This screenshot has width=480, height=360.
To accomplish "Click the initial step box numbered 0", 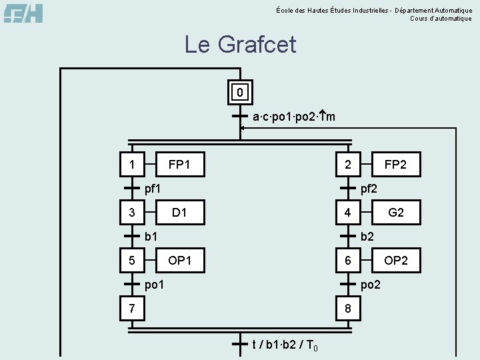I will click(240, 91).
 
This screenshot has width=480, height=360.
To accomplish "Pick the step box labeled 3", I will click(133, 213).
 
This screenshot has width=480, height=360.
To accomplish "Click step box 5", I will click(133, 260).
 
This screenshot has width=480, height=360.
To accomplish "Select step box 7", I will click(133, 308).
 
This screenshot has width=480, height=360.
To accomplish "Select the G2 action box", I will click(395, 213).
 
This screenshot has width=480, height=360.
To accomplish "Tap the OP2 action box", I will click(395, 260).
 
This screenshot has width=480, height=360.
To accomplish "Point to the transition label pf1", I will click(153, 189).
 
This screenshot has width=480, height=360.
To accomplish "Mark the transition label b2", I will click(367, 236).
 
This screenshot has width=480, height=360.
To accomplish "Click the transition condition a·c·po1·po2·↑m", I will click(293, 117).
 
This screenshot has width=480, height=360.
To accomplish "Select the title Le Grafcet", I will click(240, 45).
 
